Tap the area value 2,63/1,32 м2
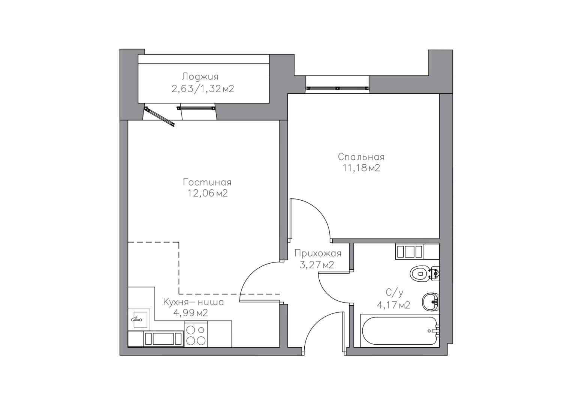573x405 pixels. (203, 89)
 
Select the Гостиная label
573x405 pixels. (207, 183)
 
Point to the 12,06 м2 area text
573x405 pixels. (208, 193)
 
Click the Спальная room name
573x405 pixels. (361, 157)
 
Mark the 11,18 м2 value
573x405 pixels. (361, 168)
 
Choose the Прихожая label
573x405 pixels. (318, 253)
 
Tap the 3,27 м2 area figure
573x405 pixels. (317, 265)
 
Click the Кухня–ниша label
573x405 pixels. (194, 302)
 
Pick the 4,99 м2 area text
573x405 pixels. (191, 313)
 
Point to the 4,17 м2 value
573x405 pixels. (394, 305)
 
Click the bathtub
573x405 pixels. (400, 331)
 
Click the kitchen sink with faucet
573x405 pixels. (141, 320)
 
